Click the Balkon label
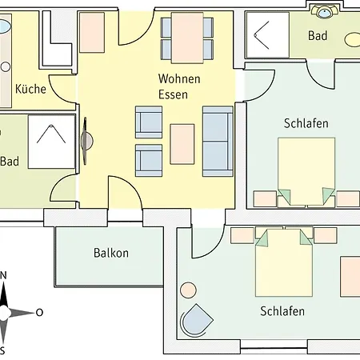pyautogui.click(x=111, y=253)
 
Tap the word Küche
pyautogui.click(x=30, y=89)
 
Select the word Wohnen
pyautogui.click(x=179, y=78)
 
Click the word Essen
pyautogui.click(x=173, y=94)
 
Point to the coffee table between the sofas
pyautogui.click(x=182, y=144)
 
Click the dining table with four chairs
pyautogui.click(x=187, y=38)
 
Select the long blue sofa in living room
pyautogui.click(x=218, y=142)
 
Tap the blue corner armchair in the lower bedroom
pyautogui.click(x=197, y=320)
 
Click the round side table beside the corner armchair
pyautogui.click(x=188, y=290)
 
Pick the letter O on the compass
pyautogui.click(x=39, y=312)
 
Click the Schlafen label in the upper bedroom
pyautogui.click(x=306, y=123)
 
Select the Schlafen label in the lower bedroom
pyautogui.click(x=282, y=311)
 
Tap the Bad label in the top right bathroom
pyautogui.click(x=318, y=35)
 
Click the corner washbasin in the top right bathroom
pyautogui.click(x=324, y=12)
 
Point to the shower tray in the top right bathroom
pyautogui.click(x=267, y=34)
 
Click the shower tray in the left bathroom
pyautogui.click(x=51, y=142)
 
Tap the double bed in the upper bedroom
pyautogui.click(x=306, y=172)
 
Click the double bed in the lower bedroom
pyautogui.click(x=284, y=262)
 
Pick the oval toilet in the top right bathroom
pyautogui.click(x=352, y=40)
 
